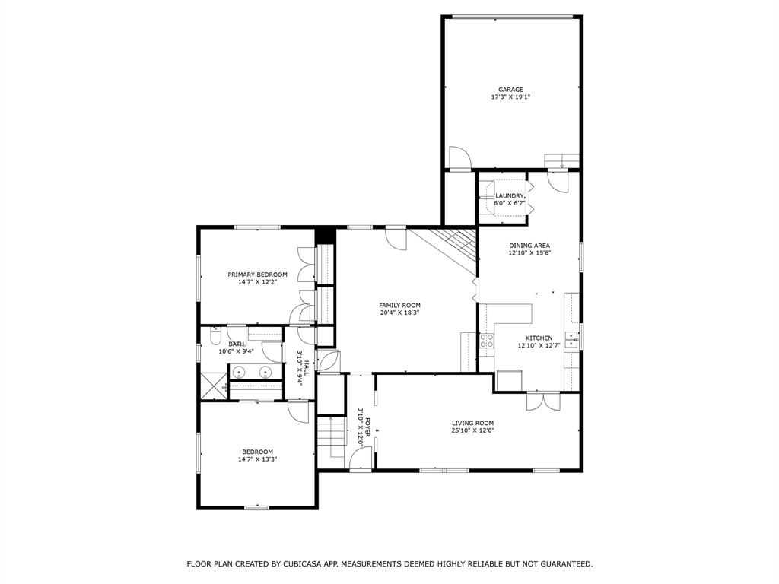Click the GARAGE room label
(510, 90)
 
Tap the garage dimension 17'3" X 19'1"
(510, 97)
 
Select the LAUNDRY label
(510, 196)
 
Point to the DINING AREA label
(529, 246)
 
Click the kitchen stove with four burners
(486, 341)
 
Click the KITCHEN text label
(539, 338)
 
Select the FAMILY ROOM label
(399, 305)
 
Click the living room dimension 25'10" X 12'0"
(472, 431)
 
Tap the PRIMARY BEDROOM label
(257, 275)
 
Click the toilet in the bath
(215, 335)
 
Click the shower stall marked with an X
(214, 386)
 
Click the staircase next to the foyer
(332, 437)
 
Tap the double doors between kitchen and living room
(542, 401)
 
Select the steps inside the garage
(561, 160)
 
